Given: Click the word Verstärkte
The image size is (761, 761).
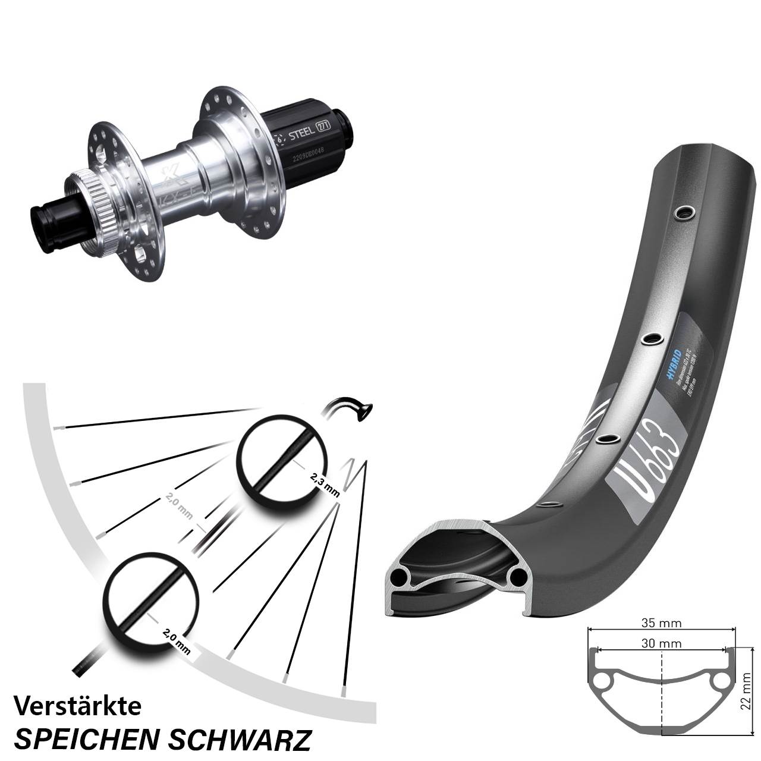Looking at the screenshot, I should coord(77,706).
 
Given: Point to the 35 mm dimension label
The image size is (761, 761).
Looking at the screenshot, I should coord(662,623).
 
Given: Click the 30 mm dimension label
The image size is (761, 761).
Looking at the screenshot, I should coord(662,643).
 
